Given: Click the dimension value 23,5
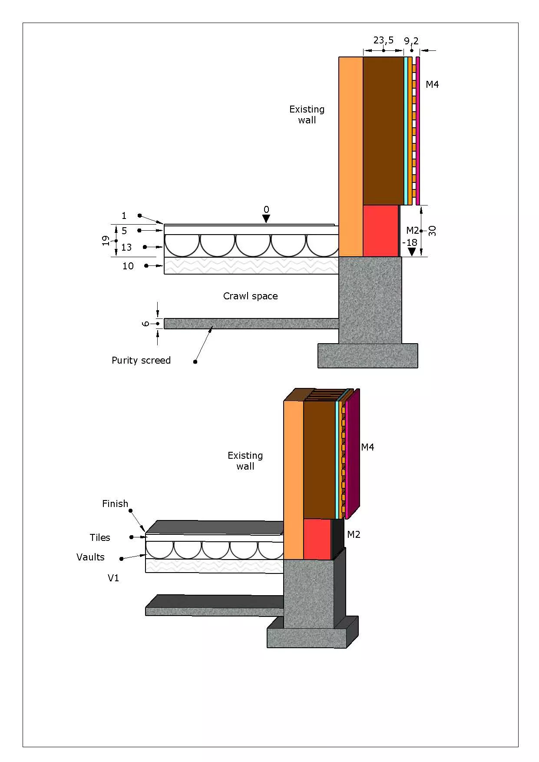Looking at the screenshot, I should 383,40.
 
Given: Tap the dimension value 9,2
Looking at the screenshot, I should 411,41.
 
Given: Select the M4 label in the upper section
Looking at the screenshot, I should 432,85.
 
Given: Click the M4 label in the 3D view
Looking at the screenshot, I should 367,447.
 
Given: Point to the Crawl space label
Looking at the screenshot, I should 250,296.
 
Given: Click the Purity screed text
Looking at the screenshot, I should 141,361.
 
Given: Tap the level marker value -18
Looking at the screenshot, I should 410,242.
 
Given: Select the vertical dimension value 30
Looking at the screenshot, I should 432,231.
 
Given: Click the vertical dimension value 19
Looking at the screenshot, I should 106,241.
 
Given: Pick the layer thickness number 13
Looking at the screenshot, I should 126,248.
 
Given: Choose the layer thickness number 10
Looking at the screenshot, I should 128,266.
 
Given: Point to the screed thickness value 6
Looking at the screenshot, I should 146,324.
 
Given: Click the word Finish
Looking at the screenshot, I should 115,504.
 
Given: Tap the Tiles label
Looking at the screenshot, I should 100,538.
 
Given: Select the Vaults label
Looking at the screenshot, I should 90,557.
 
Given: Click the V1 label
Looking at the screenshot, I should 113,578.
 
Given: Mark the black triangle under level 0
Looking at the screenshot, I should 266,219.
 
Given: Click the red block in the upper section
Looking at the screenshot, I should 380,231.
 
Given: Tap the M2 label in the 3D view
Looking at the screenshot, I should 354,535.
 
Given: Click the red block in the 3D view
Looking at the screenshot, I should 317,539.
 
